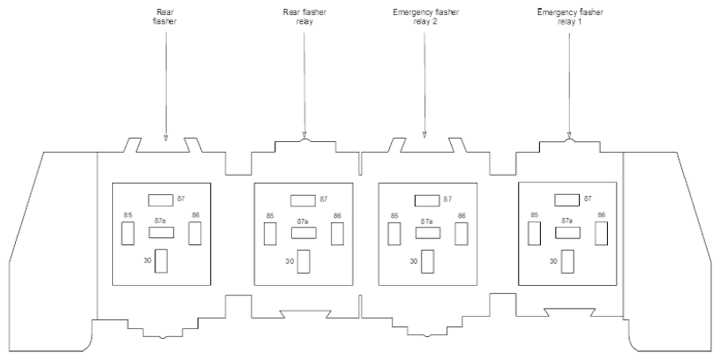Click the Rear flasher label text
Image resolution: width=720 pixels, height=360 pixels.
tap(164, 17)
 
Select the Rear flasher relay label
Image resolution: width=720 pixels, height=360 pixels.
tap(304, 17)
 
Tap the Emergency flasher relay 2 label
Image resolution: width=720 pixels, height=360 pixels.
tap(425, 17)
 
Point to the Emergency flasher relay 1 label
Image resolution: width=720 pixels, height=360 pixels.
tap(570, 17)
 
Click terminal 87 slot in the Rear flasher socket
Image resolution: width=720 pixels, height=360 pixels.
tap(161, 200)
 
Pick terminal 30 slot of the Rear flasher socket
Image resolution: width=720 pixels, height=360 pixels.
tap(161, 261)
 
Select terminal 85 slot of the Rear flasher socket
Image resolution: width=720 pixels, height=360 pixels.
tap(128, 233)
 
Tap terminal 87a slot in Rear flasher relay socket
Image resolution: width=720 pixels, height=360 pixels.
tap(304, 233)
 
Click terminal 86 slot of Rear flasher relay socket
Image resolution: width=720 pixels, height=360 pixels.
tap(337, 234)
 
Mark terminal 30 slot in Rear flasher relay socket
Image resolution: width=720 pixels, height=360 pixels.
tap(303, 261)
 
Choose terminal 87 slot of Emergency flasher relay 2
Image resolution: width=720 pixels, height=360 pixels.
tap(427, 200)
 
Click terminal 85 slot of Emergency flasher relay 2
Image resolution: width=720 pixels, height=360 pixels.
tap(394, 234)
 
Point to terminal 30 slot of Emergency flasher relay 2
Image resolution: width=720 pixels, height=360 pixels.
tap(427, 261)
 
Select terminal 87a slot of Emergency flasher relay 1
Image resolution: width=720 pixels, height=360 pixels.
tap(567, 233)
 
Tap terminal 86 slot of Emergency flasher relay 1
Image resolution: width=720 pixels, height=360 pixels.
tap(601, 233)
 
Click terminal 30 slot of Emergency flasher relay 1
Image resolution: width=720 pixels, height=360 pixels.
tap(567, 261)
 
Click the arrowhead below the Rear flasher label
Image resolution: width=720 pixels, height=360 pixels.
tap(166, 138)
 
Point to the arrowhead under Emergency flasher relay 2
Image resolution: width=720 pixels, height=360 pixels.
tap(424, 135)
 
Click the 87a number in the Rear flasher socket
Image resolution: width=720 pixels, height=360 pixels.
tap(161, 221)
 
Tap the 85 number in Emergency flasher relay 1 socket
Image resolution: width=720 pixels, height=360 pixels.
tap(534, 215)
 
